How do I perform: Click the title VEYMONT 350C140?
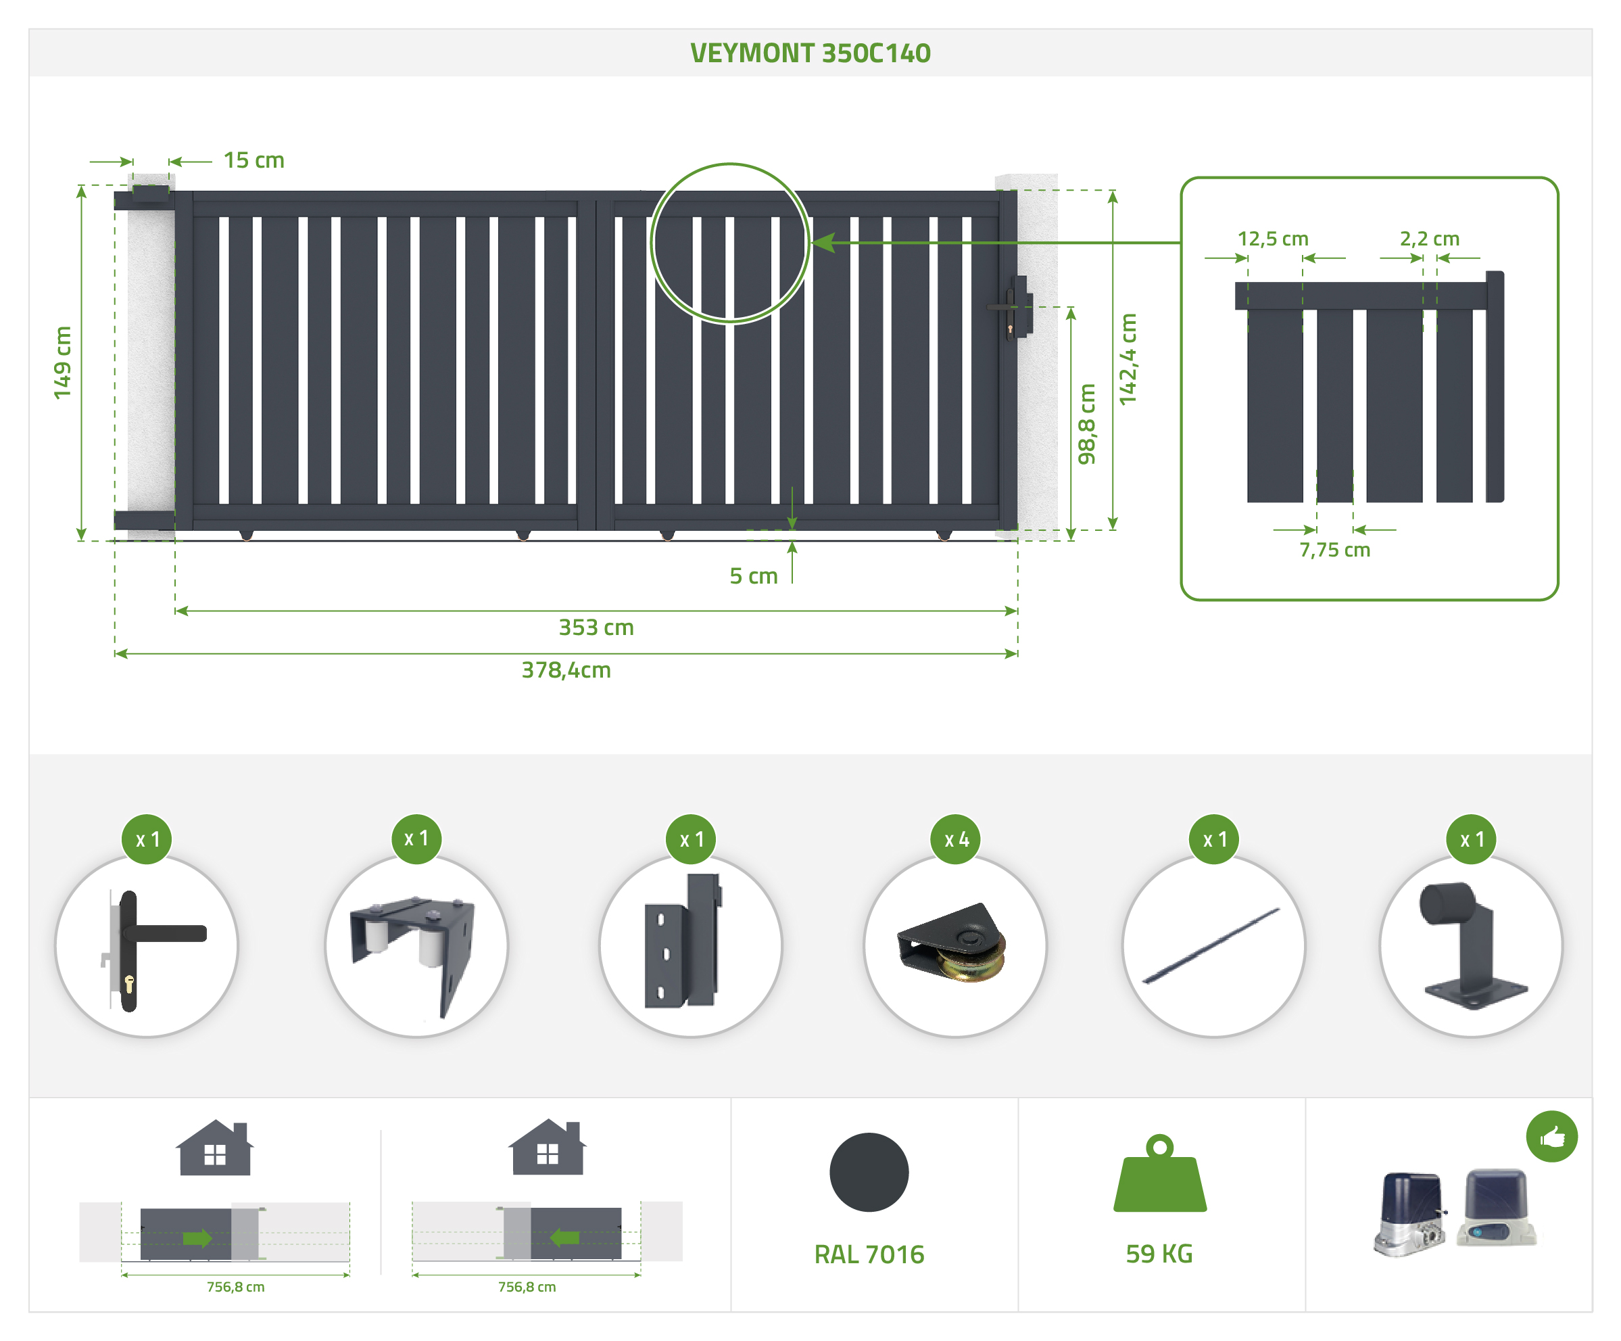(x=810, y=53)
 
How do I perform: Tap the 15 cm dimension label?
(x=254, y=160)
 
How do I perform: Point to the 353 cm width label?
(x=596, y=628)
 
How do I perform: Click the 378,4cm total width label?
(x=566, y=670)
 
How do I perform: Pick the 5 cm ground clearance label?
(x=753, y=576)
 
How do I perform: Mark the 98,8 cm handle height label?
(x=1087, y=424)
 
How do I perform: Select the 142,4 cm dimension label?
(x=1128, y=359)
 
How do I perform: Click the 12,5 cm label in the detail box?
(x=1273, y=239)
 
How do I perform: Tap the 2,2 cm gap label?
(x=1430, y=239)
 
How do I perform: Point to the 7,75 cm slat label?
(x=1334, y=550)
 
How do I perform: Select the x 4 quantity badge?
(x=957, y=839)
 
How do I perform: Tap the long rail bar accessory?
(x=1213, y=945)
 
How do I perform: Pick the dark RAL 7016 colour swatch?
(x=869, y=1172)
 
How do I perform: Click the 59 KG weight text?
(x=1159, y=1254)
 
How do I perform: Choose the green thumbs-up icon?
(x=1551, y=1136)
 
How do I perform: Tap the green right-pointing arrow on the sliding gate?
(x=197, y=1238)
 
